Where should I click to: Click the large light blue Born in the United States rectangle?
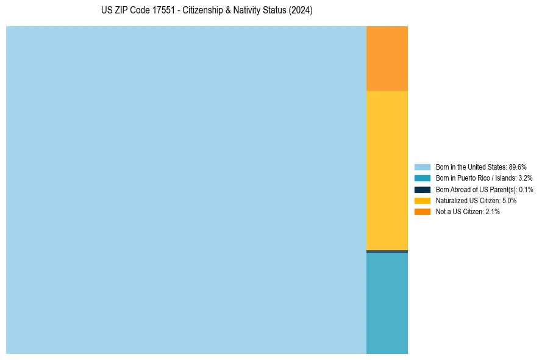click(x=186, y=190)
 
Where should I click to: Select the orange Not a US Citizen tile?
click(x=387, y=59)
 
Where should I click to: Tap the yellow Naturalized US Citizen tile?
click(x=387, y=170)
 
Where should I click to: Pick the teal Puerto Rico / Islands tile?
click(x=387, y=303)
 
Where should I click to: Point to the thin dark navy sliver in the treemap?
click(x=387, y=251)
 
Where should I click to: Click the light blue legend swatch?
click(x=422, y=167)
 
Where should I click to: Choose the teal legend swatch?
click(x=422, y=178)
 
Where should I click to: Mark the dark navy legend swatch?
click(x=422, y=189)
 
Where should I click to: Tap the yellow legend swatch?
click(x=422, y=200)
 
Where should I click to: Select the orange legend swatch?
click(x=422, y=211)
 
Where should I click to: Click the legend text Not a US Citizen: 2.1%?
click(x=468, y=211)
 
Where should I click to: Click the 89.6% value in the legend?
click(x=517, y=167)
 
